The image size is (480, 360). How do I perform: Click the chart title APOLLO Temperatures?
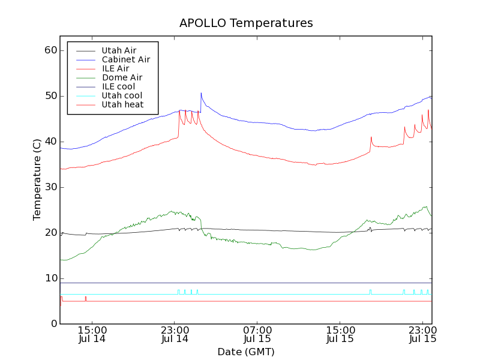pyautogui.click(x=246, y=23)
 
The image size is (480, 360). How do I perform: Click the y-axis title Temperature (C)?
pyautogui.click(x=37, y=179)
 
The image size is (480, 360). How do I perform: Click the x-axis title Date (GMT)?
pyautogui.click(x=246, y=352)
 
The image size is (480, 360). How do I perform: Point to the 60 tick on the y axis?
pyautogui.click(x=50, y=50)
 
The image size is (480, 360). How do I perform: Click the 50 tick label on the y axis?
pyautogui.click(x=50, y=96)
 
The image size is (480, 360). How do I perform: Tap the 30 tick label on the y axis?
pyautogui.click(x=50, y=187)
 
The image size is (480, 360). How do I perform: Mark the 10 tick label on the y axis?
pyautogui.click(x=50, y=278)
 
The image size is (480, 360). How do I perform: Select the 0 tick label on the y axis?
pyautogui.click(x=53, y=324)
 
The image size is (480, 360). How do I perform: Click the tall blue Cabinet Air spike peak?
pyautogui.click(x=201, y=93)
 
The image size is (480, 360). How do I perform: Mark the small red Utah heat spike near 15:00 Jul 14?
pyautogui.click(x=86, y=298)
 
